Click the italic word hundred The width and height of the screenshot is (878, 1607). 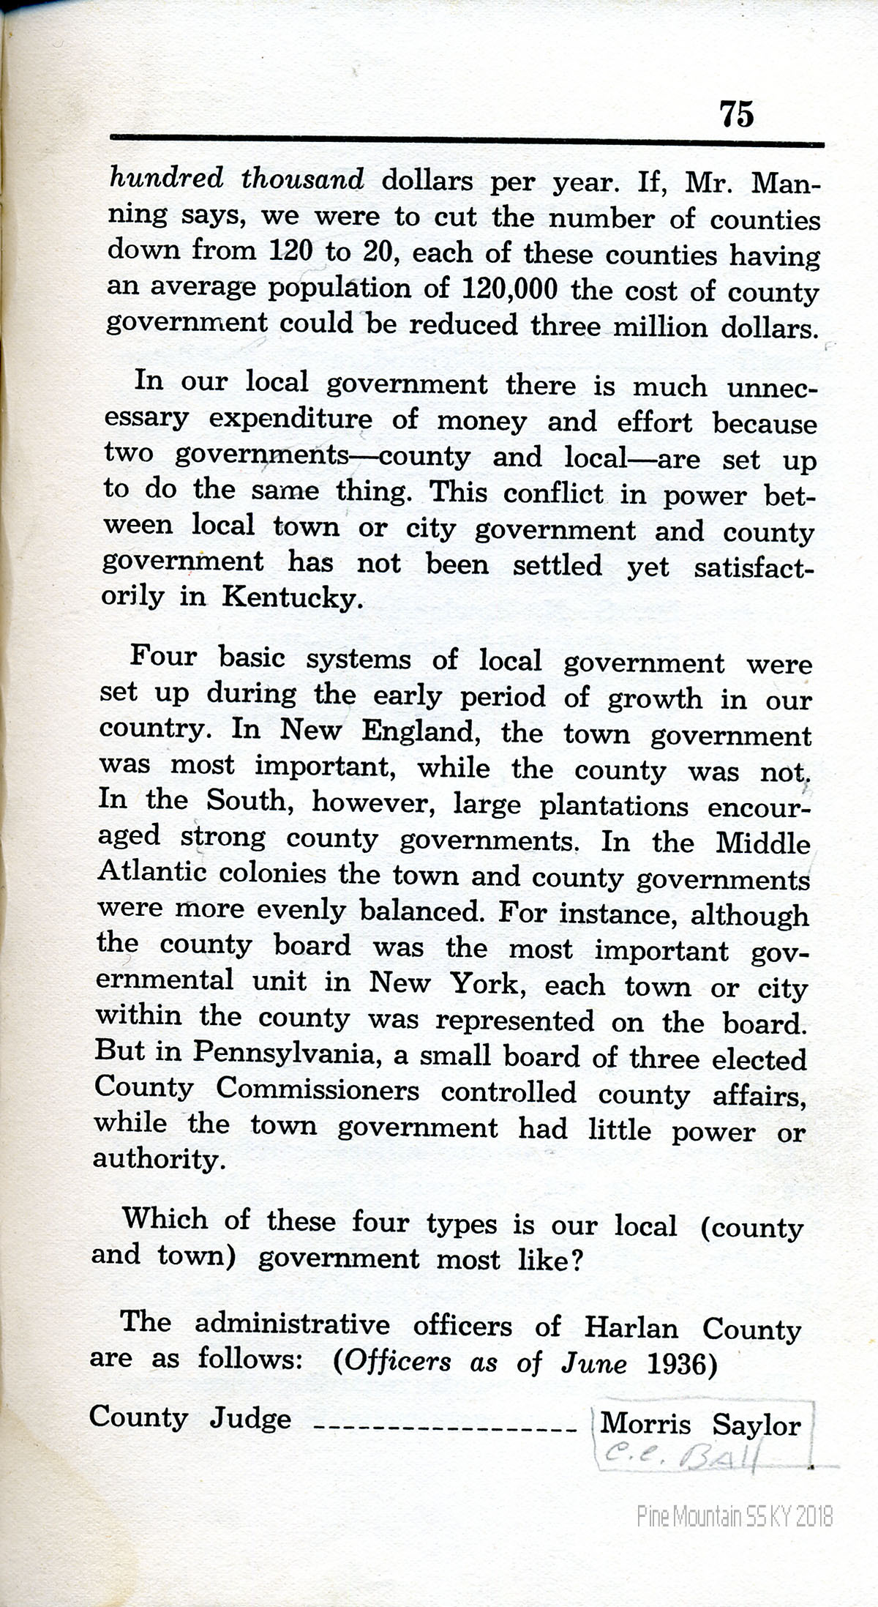tap(165, 178)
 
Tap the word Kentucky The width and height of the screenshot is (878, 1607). tap(291, 598)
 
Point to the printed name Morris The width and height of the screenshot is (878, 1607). tap(645, 1424)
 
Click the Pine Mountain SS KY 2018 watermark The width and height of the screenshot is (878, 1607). tap(735, 1515)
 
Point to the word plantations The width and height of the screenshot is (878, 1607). tap(613, 806)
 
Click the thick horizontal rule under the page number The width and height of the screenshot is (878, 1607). tap(467, 140)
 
